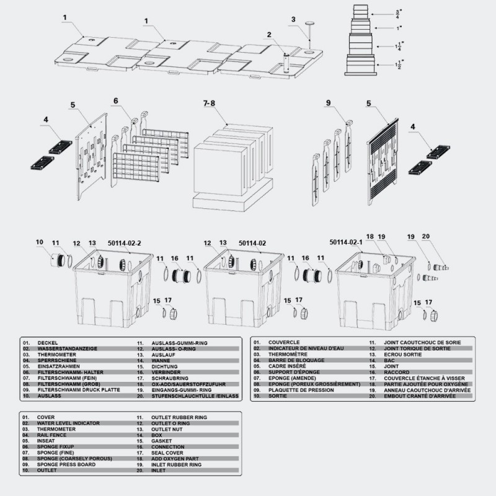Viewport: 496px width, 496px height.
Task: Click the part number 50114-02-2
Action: click(x=124, y=243)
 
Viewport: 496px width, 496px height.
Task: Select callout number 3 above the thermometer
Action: click(x=293, y=19)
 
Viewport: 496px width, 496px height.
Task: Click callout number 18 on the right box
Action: click(x=370, y=236)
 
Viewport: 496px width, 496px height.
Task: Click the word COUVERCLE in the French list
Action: click(x=284, y=342)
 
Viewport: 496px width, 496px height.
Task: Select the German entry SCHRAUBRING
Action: click(x=170, y=378)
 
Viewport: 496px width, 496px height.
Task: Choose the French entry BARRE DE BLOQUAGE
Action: click(x=296, y=360)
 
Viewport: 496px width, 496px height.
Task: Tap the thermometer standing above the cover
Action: click(x=309, y=34)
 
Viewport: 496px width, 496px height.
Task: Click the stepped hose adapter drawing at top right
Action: click(x=361, y=40)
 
